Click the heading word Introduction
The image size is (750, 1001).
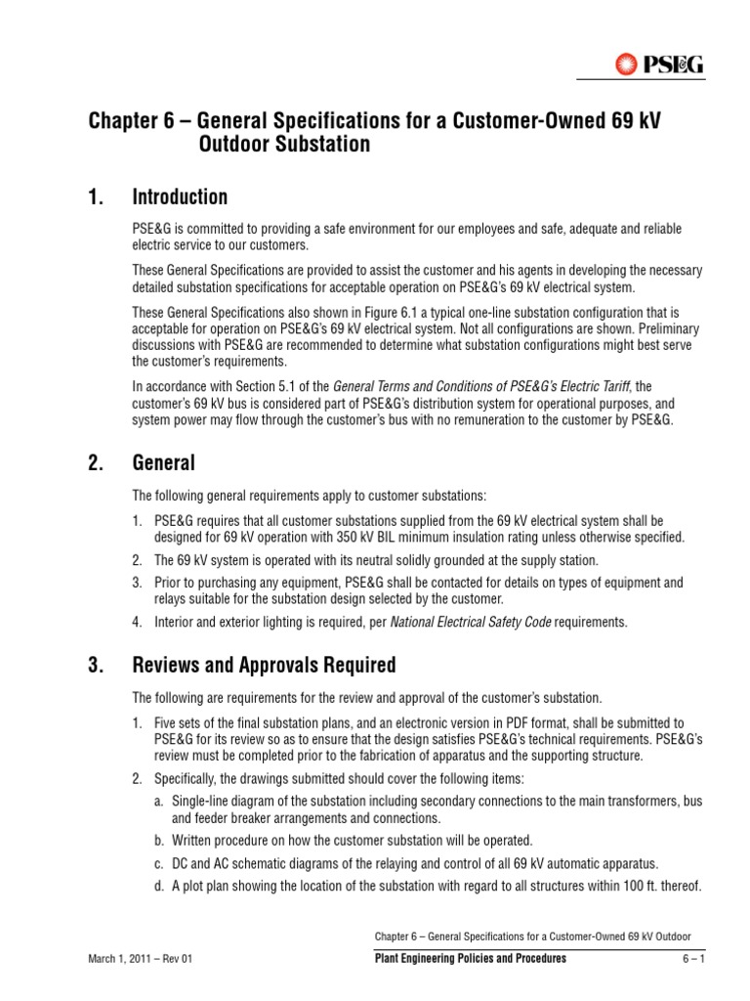[180, 197]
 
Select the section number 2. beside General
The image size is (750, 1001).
[96, 463]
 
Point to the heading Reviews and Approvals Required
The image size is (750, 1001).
[264, 666]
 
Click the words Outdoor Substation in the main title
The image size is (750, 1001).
[285, 146]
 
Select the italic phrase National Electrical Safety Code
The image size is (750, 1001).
[470, 622]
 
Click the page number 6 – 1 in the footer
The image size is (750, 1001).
[692, 959]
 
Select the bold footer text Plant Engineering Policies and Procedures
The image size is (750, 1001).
[471, 959]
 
